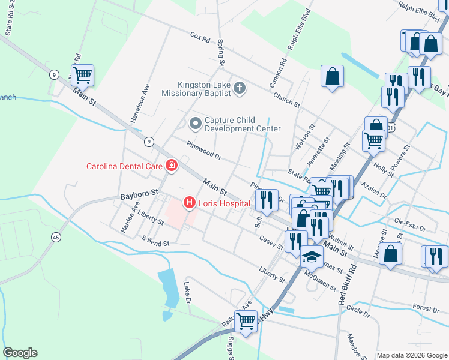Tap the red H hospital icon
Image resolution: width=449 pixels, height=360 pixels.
[x=190, y=203]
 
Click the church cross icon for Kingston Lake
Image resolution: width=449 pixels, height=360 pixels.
[x=239, y=89]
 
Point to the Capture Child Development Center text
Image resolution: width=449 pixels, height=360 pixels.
[x=243, y=124]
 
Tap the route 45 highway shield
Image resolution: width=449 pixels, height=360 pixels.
[x=56, y=237]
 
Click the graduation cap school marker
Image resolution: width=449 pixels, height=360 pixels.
[x=312, y=256]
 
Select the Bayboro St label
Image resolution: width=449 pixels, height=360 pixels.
[x=138, y=194]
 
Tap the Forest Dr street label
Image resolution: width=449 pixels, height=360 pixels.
[x=426, y=308]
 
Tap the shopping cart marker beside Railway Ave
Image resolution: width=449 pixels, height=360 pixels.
[x=246, y=321]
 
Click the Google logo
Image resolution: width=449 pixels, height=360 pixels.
[x=20, y=353]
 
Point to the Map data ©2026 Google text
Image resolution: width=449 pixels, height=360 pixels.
[x=411, y=355]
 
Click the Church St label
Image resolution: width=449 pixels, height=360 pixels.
[x=286, y=100]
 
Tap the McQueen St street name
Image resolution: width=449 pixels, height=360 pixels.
[x=321, y=280]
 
